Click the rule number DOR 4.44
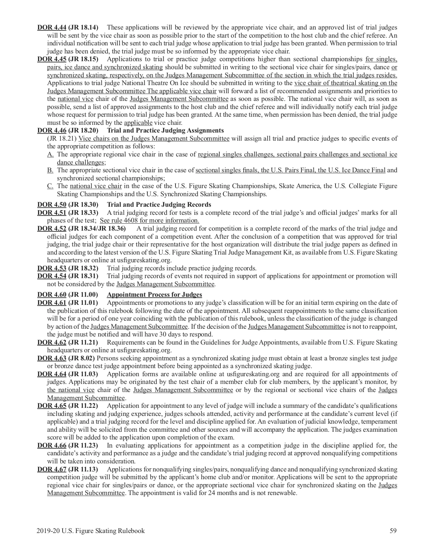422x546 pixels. tap(52, 27)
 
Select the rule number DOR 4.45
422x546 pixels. tap(52, 59)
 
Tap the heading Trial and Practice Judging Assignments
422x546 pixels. tap(165, 130)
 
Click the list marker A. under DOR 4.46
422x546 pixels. tap(50, 154)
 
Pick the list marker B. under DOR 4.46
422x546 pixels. tap(50, 170)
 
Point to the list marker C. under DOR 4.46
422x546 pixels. tap(50, 186)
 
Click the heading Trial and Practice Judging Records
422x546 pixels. tap(159, 205)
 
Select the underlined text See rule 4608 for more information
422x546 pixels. tap(149, 220)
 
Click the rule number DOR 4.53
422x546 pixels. tap(52, 268)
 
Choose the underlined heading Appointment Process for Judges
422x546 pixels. tap(154, 295)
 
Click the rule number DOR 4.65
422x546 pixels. tap(52, 406)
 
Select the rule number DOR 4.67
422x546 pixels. tap(52, 469)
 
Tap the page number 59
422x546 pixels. tap(394, 531)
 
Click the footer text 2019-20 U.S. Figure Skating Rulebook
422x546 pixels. tap(90, 531)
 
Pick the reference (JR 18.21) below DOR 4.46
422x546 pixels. tap(62, 139)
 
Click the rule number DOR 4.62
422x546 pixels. tap(52, 342)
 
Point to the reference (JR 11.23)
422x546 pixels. tap(83, 445)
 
